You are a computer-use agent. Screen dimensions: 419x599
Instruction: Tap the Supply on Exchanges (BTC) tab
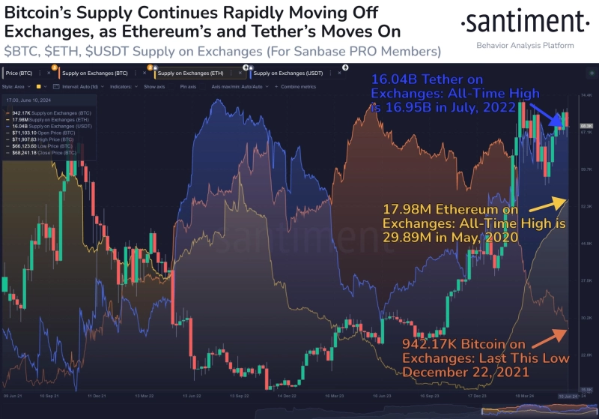coord(93,73)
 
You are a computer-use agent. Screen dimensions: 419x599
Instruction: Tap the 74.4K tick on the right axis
coord(586,97)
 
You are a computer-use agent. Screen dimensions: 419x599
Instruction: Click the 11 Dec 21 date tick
coord(96,395)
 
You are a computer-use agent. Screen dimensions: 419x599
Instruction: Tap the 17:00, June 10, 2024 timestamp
coord(30,100)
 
